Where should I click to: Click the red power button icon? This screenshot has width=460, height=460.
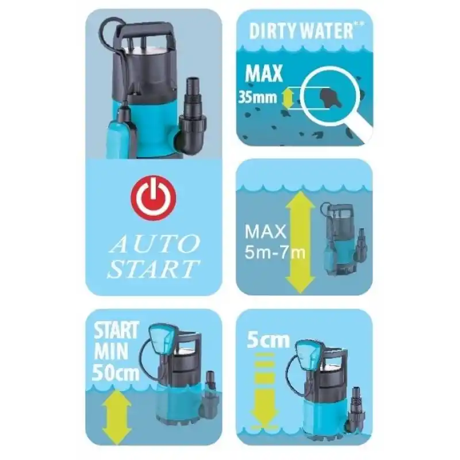pyautogui.click(x=154, y=198)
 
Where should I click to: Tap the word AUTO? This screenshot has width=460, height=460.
pyautogui.click(x=155, y=244)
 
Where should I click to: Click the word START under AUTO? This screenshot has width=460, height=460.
pyautogui.click(x=153, y=269)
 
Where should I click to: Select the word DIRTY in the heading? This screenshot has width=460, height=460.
pyautogui.click(x=273, y=31)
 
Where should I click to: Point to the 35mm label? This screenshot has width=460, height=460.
pyautogui.click(x=257, y=97)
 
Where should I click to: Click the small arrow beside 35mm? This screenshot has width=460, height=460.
pyautogui.click(x=287, y=98)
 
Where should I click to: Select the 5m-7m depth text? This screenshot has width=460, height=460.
pyautogui.click(x=275, y=252)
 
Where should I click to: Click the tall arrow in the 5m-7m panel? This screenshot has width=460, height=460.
pyautogui.click(x=300, y=242)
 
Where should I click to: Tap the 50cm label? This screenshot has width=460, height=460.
pyautogui.click(x=116, y=373)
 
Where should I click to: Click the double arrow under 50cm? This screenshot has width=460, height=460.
pyautogui.click(x=117, y=417)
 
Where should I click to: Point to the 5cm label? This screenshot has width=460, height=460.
pyautogui.click(x=268, y=340)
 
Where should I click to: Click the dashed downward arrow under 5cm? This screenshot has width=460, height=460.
pyautogui.click(x=264, y=390)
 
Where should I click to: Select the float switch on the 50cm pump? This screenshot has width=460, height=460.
pyautogui.click(x=162, y=338)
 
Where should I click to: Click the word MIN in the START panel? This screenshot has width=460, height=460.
pyautogui.click(x=111, y=351)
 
